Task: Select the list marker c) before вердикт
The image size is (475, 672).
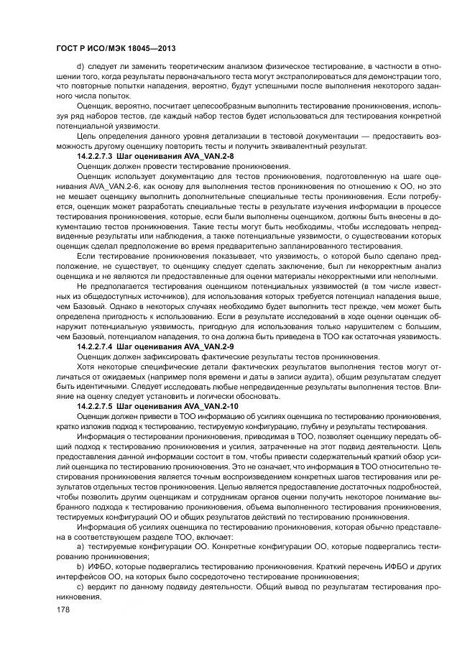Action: coord(79,586)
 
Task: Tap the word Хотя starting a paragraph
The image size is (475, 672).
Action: coord(86,366)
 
